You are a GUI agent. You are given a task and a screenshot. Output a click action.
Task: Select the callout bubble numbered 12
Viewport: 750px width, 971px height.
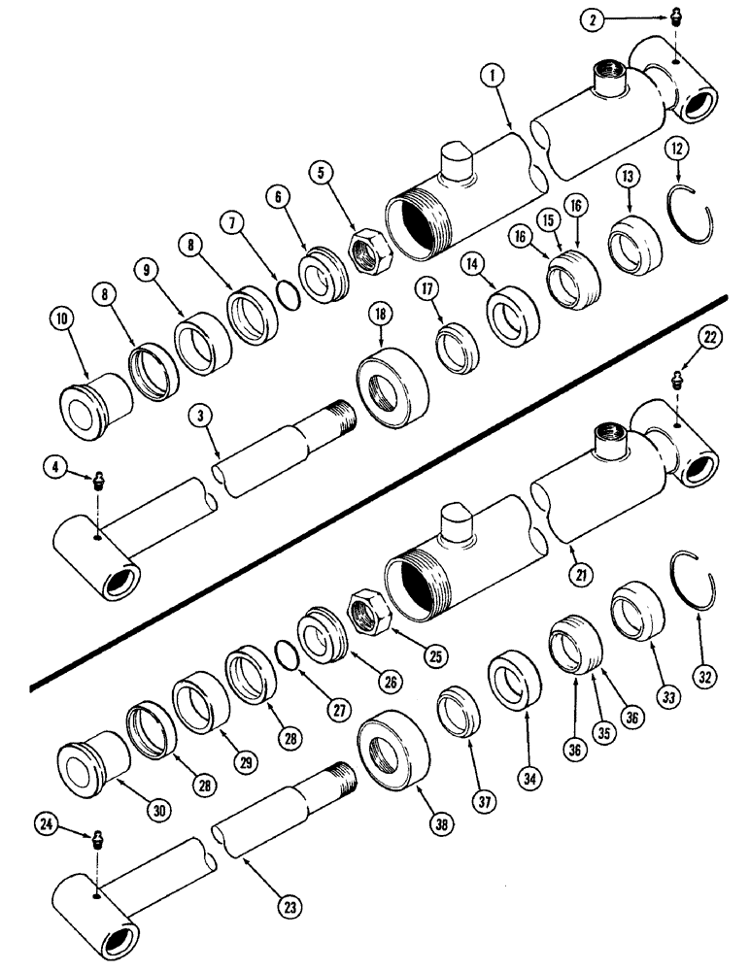677,149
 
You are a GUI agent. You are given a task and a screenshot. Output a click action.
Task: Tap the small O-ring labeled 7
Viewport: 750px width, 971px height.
285,293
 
